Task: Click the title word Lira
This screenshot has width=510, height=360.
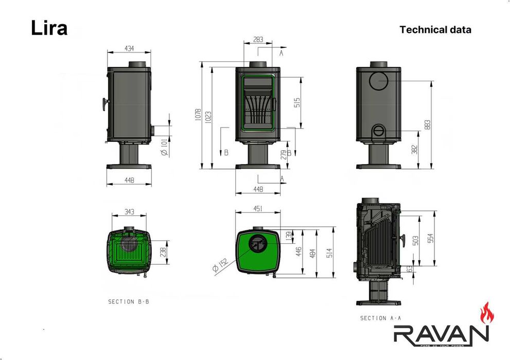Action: coord(49,28)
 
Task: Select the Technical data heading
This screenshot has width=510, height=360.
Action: coord(435,29)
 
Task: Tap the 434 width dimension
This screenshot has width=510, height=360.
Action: coord(129,48)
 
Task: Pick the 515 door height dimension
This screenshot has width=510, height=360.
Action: coord(297,102)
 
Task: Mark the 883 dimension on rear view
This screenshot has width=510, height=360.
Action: coord(427,124)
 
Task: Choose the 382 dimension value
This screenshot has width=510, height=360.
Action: coord(414,149)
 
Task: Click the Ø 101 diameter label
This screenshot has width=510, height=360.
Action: coord(163,147)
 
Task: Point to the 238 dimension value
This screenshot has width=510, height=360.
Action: coord(163,252)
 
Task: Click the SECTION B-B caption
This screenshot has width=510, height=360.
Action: coord(128,302)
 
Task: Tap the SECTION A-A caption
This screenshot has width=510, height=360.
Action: coord(380,318)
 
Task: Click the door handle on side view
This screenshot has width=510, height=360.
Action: coord(104,104)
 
